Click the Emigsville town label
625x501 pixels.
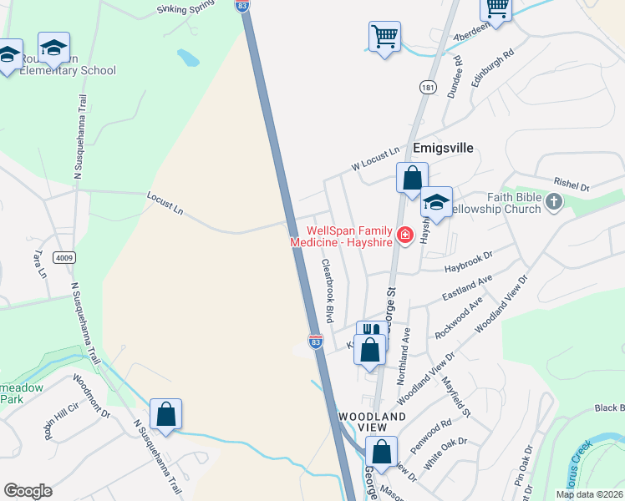(x=443, y=148)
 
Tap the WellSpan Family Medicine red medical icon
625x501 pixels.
(x=406, y=236)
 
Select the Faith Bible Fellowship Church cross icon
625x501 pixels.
(x=556, y=202)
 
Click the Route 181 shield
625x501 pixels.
(x=428, y=87)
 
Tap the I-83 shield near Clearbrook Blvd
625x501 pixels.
(x=315, y=342)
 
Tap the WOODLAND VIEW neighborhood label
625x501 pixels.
(x=372, y=422)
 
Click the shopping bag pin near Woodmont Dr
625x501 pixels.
(x=165, y=414)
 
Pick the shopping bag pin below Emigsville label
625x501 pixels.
(x=412, y=178)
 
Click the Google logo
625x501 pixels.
(x=28, y=491)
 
